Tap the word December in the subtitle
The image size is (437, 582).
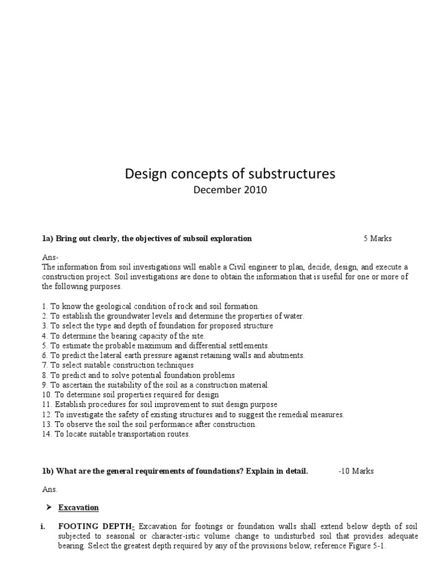[x=216, y=190]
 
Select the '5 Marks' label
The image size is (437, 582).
[x=378, y=238]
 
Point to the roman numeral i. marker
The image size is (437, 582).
[x=44, y=527]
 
